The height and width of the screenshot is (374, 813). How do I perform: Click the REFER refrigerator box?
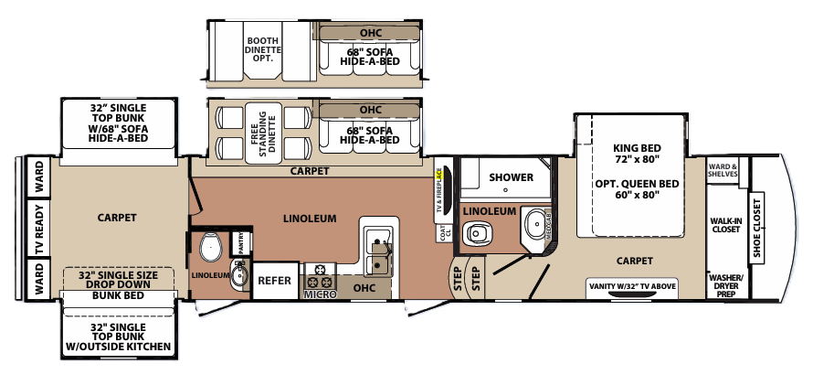(x=276, y=282)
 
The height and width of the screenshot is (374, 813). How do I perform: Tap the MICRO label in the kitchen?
(x=320, y=294)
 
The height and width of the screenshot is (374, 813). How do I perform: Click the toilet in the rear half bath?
(x=209, y=247)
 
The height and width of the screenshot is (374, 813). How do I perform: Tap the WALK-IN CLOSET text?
(x=726, y=225)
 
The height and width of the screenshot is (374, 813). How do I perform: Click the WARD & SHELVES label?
(x=724, y=171)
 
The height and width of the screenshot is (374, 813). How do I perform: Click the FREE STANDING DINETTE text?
(x=262, y=131)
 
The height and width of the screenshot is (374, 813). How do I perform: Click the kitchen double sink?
(x=376, y=251)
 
